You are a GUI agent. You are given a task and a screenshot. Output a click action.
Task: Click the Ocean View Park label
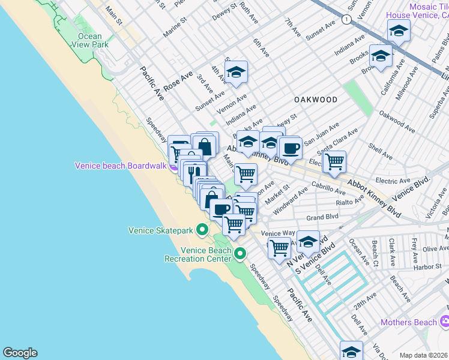89,40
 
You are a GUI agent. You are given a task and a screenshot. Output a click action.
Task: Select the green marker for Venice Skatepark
202,230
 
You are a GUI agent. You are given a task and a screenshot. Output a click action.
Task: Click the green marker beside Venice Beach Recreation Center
240,254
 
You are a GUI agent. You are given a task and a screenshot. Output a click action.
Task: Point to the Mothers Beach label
409,322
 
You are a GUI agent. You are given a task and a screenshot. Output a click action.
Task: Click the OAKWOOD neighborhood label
315,99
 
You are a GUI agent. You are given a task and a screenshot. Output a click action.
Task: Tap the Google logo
20,353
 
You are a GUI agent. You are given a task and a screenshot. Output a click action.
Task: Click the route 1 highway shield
346,20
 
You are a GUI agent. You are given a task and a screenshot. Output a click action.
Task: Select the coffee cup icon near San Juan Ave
290,147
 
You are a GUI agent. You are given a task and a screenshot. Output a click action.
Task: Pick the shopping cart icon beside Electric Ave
334,160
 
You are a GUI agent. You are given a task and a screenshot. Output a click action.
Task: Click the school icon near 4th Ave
237,73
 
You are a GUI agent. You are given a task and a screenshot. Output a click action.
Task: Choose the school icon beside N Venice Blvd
308,241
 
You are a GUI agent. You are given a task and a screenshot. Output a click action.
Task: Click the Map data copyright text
424,355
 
